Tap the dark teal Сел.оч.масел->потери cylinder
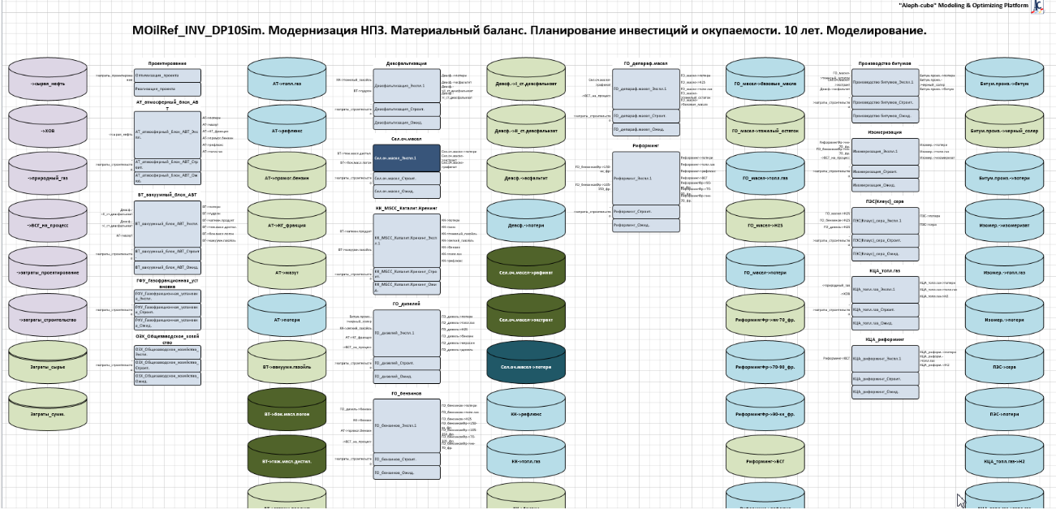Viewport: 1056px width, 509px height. tap(525, 367)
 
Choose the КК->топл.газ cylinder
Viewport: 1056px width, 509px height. tap(525, 461)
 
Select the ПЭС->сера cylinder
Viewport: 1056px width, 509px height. tap(1004, 367)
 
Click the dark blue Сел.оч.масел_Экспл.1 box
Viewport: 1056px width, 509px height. tap(407, 157)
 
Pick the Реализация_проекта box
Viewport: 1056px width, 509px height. tap(167, 88)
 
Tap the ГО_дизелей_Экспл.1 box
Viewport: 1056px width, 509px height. tap(407, 333)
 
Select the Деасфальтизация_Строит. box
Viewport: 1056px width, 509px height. tap(407, 109)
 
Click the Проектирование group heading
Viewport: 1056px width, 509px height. tap(167, 63)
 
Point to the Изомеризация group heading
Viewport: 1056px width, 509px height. tap(886, 131)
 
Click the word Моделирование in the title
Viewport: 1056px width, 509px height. tap(875, 31)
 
